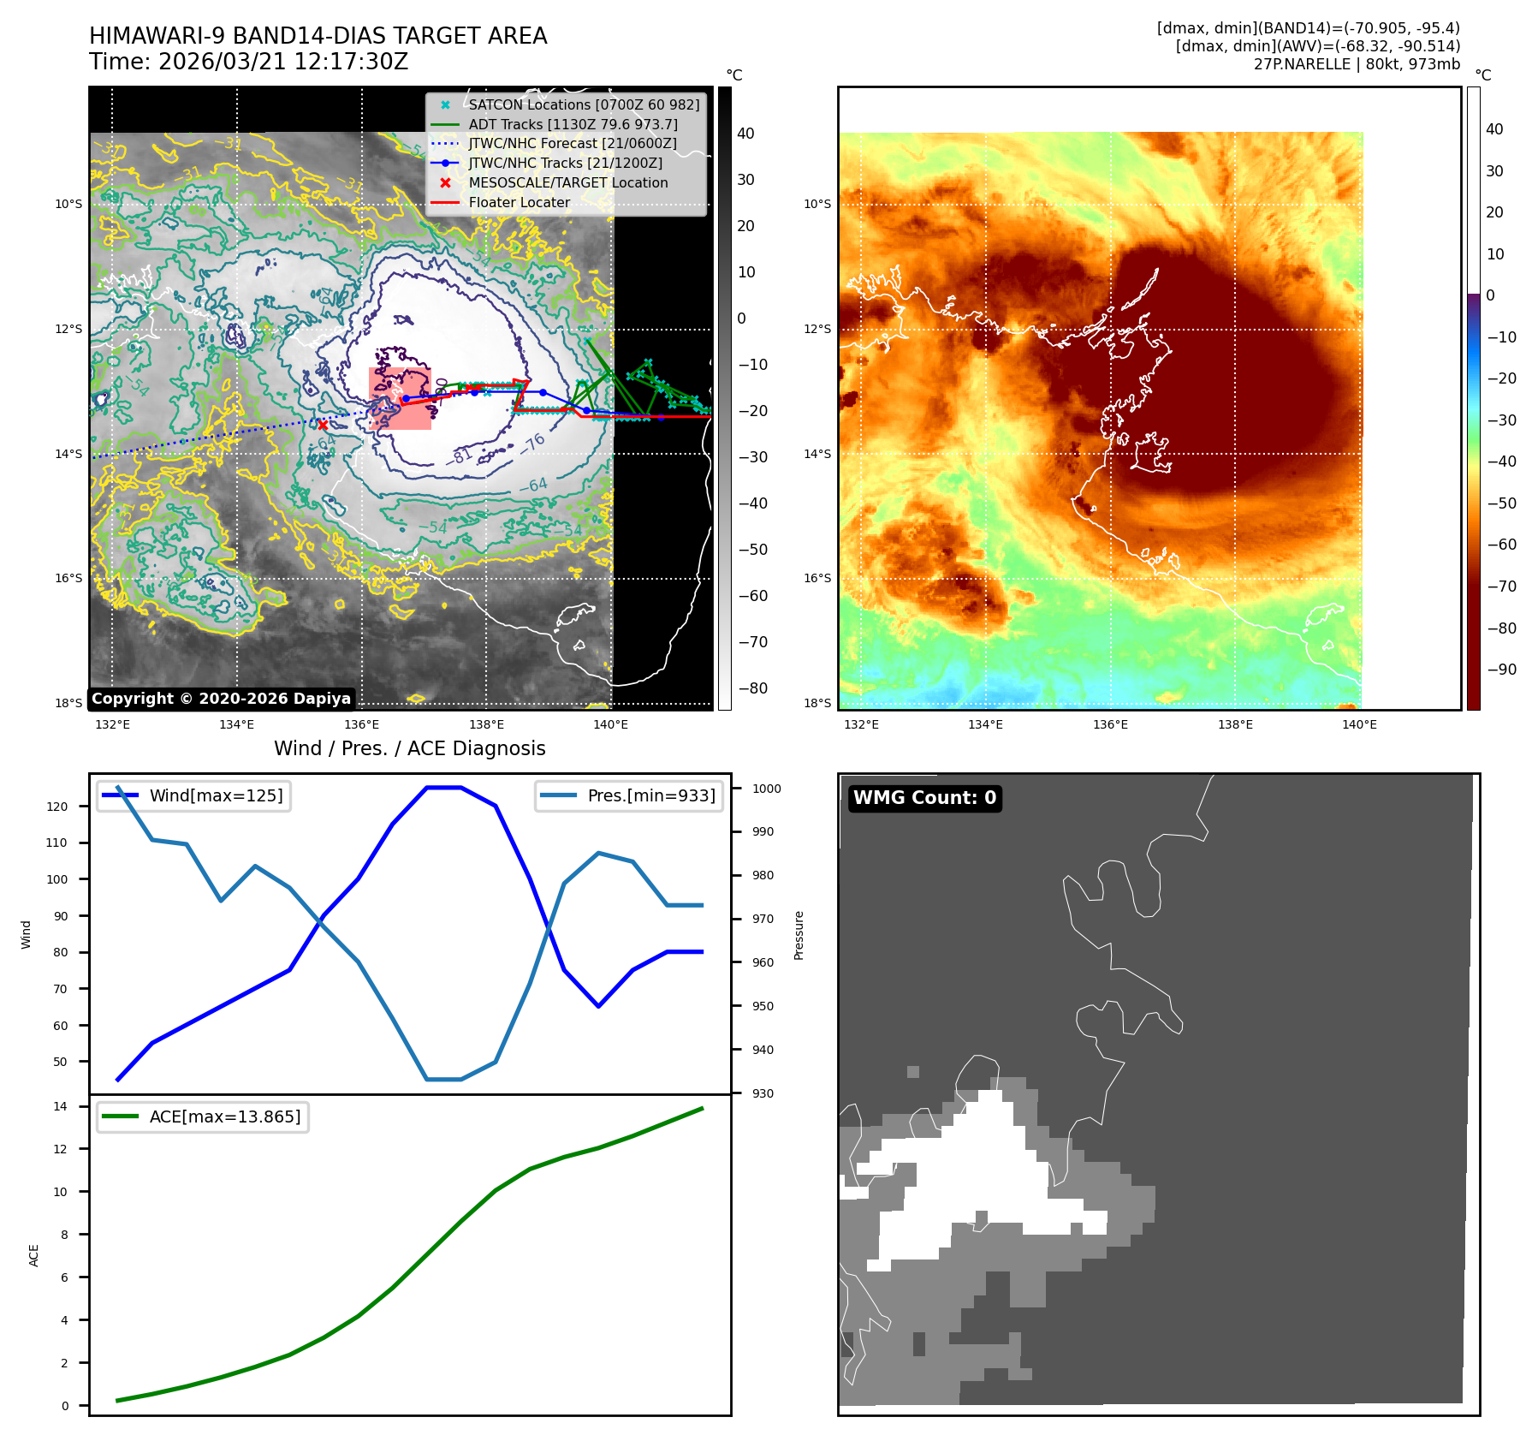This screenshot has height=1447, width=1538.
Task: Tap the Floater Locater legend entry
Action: click(x=519, y=202)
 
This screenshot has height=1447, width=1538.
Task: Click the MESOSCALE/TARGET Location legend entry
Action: click(x=567, y=182)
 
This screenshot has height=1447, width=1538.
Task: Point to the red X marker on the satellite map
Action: click(x=323, y=425)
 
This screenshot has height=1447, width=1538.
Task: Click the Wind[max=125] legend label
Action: click(x=216, y=795)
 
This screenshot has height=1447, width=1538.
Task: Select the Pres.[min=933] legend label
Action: click(x=651, y=795)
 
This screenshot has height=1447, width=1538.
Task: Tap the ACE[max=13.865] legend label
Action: click(x=225, y=1117)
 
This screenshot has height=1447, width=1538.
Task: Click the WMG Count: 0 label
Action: click(x=924, y=798)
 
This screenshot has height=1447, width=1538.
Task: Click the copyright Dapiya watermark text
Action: click(x=221, y=699)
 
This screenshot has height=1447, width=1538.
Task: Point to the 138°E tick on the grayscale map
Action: click(x=486, y=724)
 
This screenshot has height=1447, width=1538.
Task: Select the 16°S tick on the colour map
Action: click(x=817, y=578)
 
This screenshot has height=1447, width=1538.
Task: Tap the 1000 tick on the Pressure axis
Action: click(x=767, y=789)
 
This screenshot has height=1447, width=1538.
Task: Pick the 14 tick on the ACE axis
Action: click(x=60, y=1106)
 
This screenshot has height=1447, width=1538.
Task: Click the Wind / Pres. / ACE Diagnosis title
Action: click(x=409, y=748)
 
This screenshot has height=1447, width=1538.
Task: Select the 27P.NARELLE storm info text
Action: click(x=1357, y=64)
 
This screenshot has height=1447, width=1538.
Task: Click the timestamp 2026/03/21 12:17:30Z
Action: click(x=283, y=62)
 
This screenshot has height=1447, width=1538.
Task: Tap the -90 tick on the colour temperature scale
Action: click(x=1501, y=670)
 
